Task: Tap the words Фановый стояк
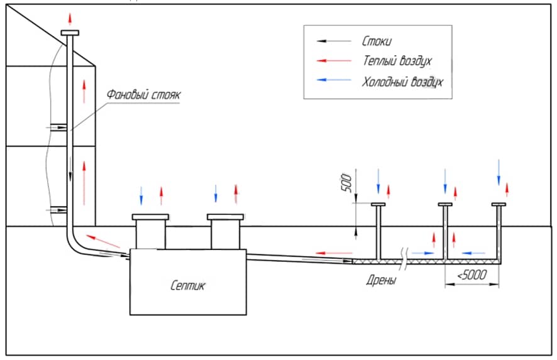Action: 143,95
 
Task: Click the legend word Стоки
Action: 377,41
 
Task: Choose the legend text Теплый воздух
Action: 397,62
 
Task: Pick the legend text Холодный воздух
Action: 403,82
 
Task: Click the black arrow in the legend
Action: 333,41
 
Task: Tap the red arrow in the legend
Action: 333,62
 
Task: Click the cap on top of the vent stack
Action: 70,33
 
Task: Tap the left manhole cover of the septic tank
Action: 151,217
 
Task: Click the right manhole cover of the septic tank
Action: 226,217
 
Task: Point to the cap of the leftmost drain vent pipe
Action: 379,205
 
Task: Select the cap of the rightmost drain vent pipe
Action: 499,205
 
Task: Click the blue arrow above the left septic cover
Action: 141,195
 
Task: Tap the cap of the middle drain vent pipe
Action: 446,205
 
